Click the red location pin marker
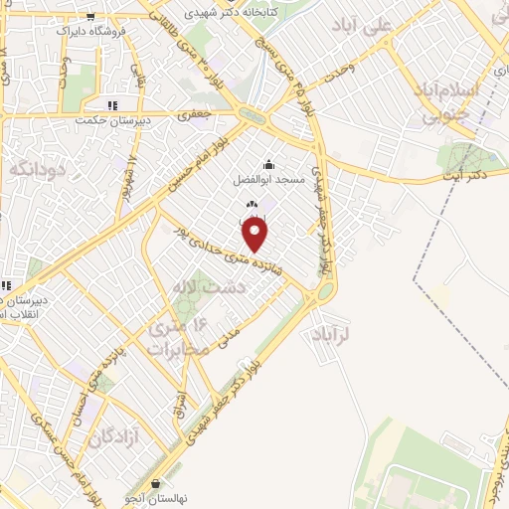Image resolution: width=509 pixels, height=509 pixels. [x=255, y=235]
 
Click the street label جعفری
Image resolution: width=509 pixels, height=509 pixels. [x=195, y=115]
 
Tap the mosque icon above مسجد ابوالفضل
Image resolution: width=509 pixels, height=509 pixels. [x=267, y=164]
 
